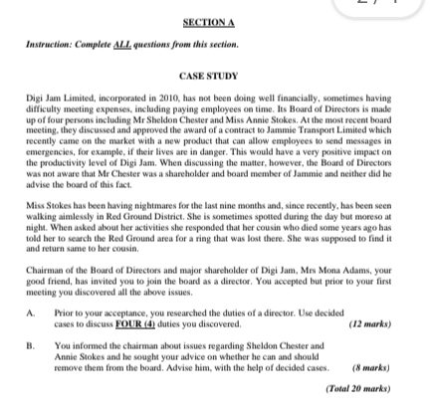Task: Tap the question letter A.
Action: [28, 315]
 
